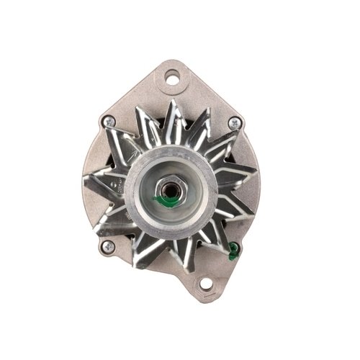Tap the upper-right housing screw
[232, 124]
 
